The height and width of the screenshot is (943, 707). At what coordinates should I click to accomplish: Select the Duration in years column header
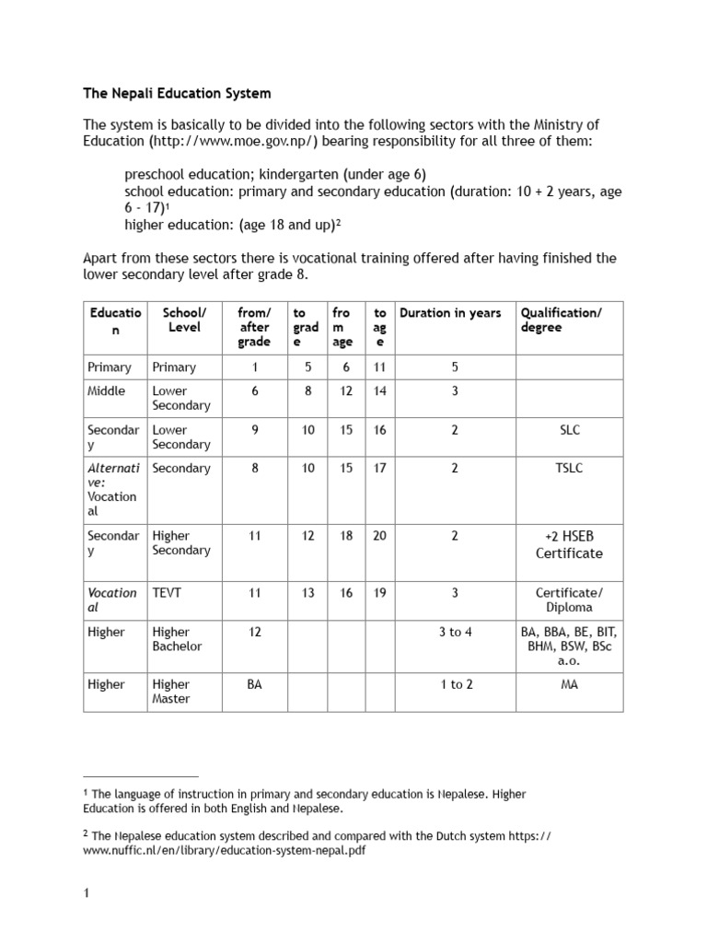(450, 313)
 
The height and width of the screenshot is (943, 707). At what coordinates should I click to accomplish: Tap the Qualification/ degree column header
(562, 320)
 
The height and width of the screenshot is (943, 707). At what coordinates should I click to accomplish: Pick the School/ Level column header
(185, 320)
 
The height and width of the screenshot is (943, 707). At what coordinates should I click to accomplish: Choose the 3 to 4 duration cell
(455, 632)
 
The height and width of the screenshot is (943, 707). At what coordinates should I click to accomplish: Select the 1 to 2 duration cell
(455, 684)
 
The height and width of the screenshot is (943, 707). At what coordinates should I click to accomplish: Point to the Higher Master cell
(171, 692)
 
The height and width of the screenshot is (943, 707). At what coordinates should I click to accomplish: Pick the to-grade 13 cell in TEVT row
(308, 593)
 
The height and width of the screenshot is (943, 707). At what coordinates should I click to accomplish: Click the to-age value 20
(379, 536)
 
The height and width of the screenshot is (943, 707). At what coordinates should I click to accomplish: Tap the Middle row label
(107, 390)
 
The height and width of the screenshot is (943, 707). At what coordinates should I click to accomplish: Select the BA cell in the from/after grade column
(255, 684)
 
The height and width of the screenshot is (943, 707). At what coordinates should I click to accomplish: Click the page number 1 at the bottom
(87, 892)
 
